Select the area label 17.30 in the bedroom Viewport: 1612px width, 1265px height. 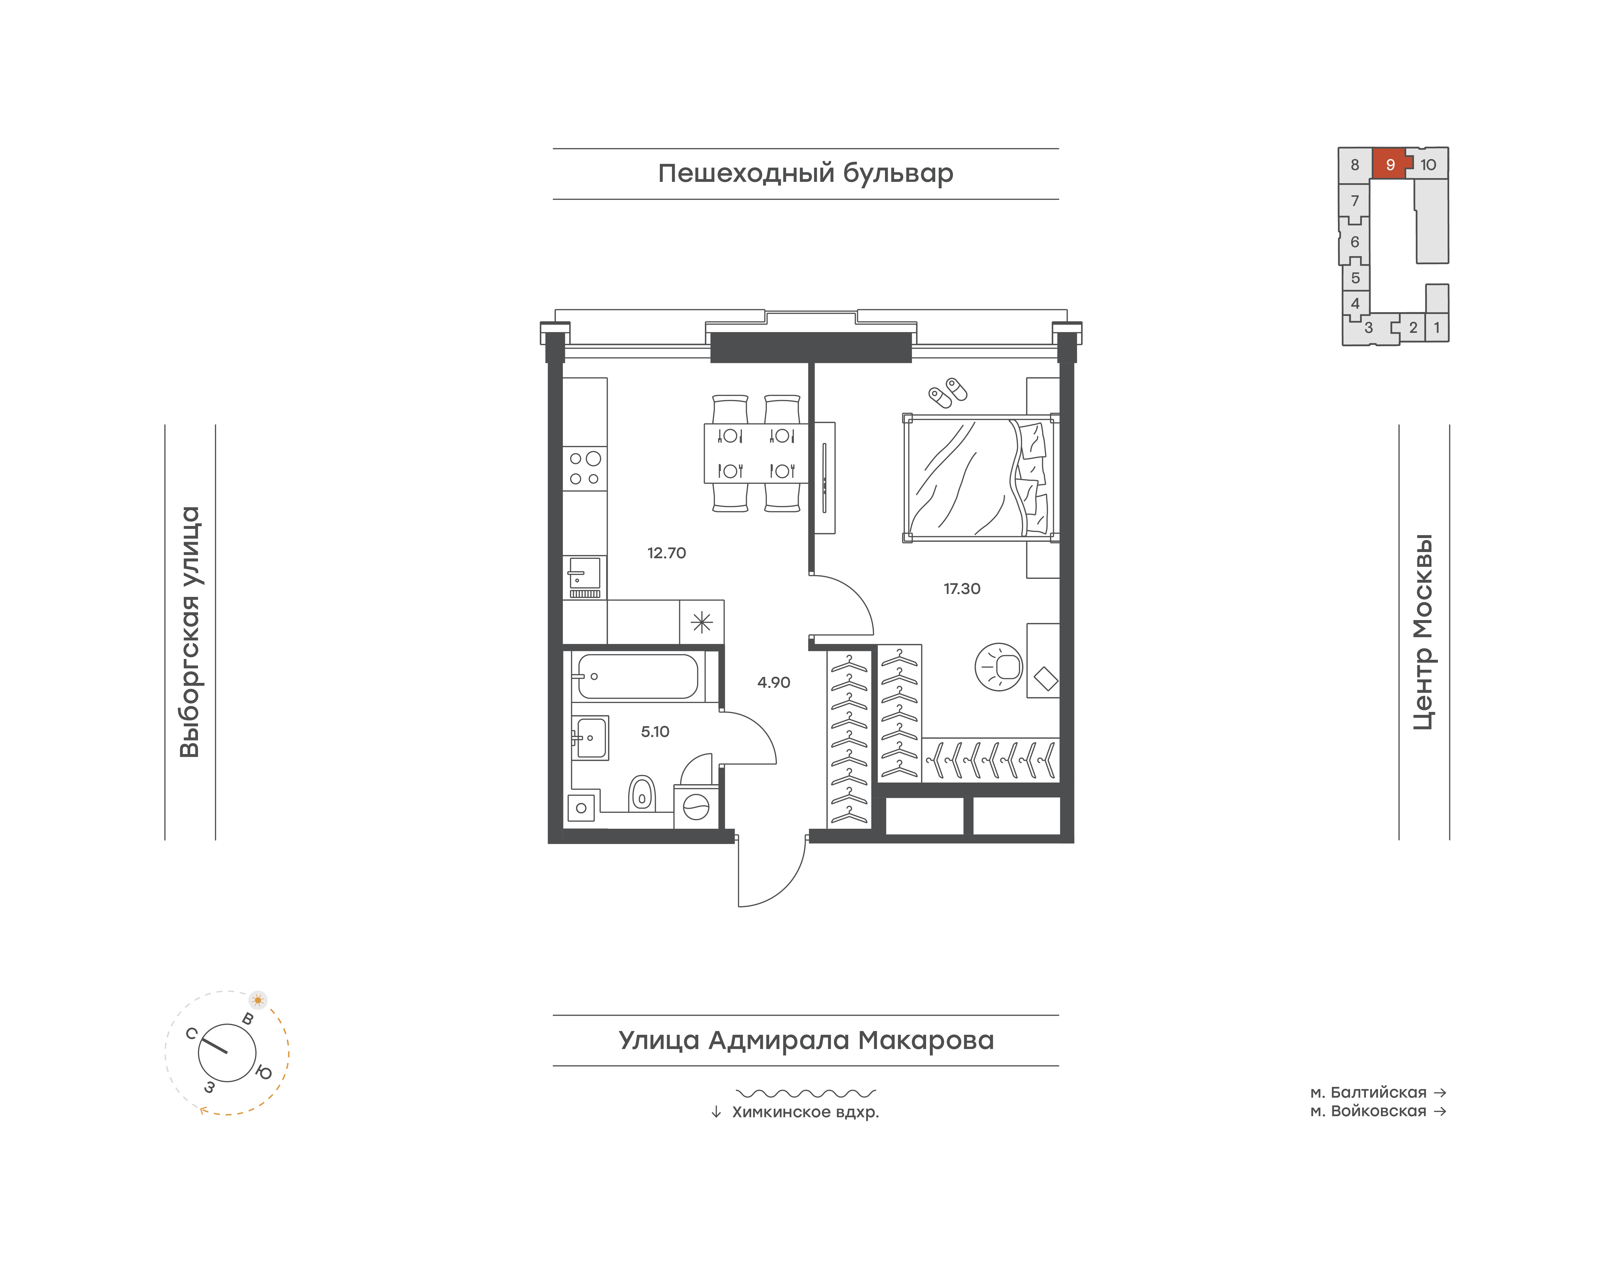962,589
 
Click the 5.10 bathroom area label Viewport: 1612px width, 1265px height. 655,732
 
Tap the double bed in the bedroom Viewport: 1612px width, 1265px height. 981,478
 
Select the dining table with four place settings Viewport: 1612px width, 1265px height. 755,453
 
